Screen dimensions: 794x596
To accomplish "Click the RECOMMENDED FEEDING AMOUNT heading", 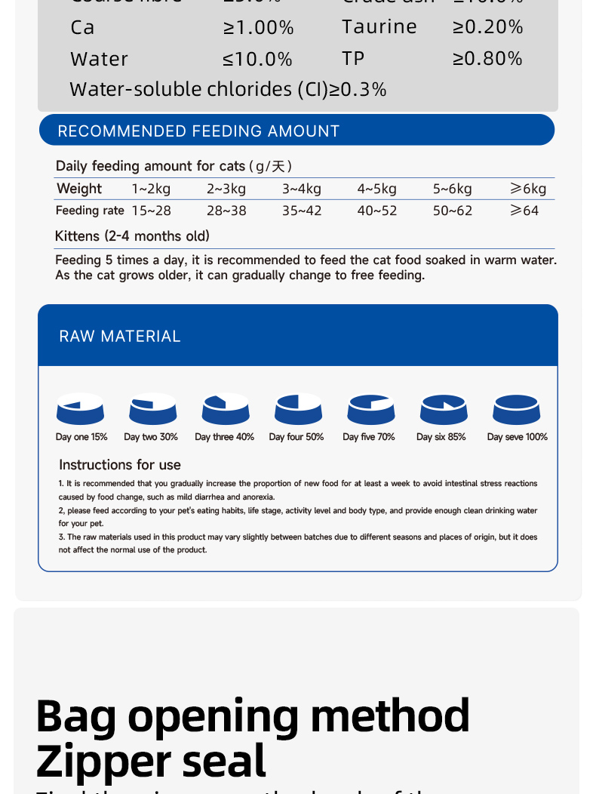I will pos(198,131).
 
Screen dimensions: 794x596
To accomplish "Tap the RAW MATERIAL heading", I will pos(120,337).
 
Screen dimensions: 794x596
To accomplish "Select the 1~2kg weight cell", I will pos(151,189).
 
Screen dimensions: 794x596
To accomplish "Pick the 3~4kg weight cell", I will pos(302,189).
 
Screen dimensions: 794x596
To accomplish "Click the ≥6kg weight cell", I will pos(528,189).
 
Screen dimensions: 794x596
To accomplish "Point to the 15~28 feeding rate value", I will pos(151,211).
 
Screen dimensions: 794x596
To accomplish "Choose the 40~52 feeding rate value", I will pos(377,211).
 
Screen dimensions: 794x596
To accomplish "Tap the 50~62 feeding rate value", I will pos(453,211).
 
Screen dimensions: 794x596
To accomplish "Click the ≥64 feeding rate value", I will pos(524,211).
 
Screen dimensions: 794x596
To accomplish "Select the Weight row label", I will pos(79,189).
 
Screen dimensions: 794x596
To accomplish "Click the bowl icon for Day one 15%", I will pos(80,409).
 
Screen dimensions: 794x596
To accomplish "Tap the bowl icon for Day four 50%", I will pos(299,409).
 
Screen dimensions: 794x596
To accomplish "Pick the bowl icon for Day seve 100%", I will pos(517,409).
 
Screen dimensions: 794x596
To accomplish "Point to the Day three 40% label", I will pos(224,437).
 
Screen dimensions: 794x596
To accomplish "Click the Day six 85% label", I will pos(441,437).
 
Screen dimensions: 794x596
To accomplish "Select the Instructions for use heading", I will pos(120,465).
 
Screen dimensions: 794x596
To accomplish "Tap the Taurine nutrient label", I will pos(379,27).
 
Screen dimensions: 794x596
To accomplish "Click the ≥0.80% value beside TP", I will pos(487,59).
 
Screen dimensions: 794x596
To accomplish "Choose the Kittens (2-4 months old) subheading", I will pos(132,236).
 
